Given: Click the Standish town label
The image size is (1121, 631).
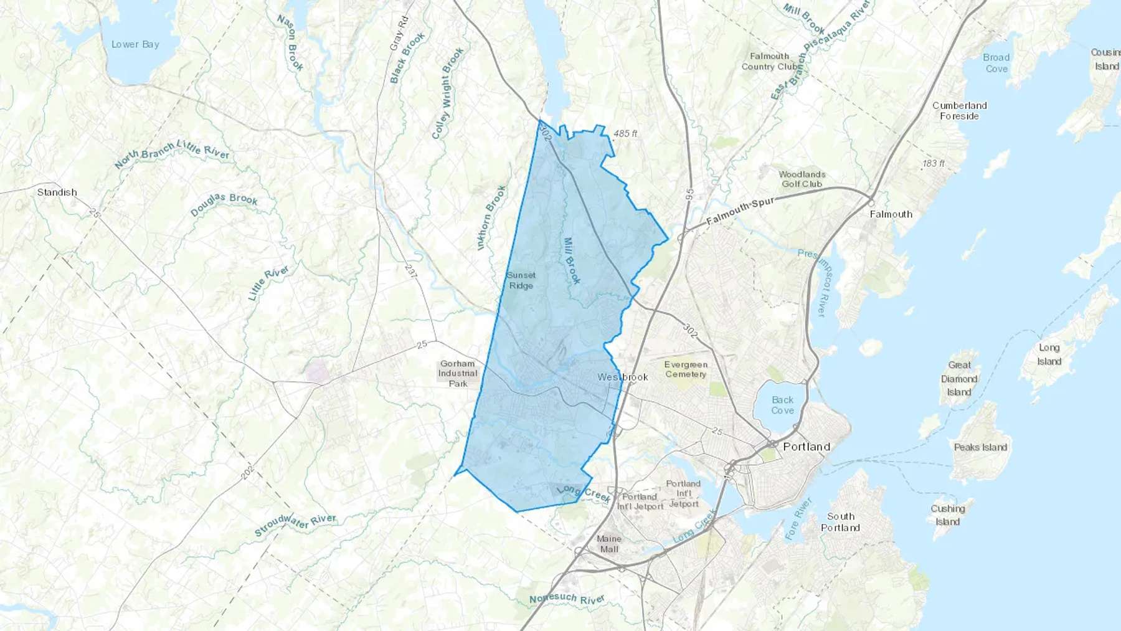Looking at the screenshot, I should click(x=57, y=192).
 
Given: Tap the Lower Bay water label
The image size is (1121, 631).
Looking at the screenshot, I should click(x=135, y=44).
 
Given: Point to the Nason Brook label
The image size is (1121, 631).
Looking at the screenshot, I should click(x=290, y=42).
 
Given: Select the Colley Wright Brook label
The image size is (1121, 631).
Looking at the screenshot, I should click(x=448, y=93).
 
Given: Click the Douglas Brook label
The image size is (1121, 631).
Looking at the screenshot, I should click(x=224, y=204).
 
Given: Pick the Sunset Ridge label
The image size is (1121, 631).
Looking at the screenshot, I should click(x=521, y=280).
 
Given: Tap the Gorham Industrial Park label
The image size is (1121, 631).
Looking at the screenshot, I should click(x=458, y=373).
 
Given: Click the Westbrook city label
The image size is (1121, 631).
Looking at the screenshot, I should click(x=623, y=377).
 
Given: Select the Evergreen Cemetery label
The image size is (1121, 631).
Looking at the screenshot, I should click(x=686, y=369).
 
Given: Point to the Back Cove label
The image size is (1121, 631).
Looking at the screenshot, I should click(x=783, y=405).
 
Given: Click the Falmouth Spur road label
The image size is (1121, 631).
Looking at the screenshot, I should click(x=740, y=212).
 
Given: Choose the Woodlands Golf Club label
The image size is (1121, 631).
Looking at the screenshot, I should click(x=802, y=179).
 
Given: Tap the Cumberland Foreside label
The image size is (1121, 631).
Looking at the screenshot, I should click(x=960, y=111).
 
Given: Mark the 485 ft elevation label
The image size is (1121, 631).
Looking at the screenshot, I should click(x=625, y=133).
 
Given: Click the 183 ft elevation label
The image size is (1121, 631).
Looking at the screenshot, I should click(x=934, y=163).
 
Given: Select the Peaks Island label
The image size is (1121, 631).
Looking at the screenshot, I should click(x=980, y=447).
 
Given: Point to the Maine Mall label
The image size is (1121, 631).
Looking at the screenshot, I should click(x=608, y=544).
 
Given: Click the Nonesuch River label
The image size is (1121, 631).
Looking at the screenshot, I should click(x=567, y=599).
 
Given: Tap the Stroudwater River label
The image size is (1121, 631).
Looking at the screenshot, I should click(x=295, y=525).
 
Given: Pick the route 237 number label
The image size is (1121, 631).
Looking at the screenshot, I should click(x=410, y=270).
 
